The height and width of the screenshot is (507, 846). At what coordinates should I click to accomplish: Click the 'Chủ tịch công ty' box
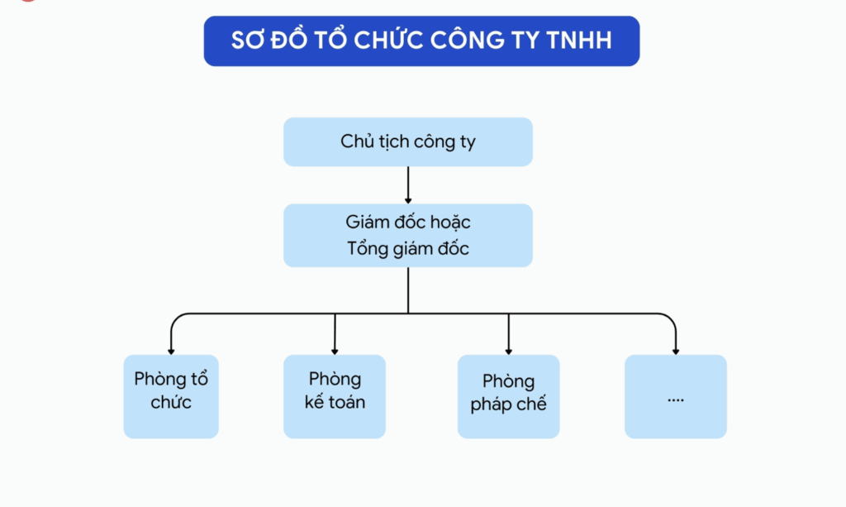click(408, 142)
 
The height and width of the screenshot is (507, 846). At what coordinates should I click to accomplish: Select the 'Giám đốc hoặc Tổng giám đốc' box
click(408, 236)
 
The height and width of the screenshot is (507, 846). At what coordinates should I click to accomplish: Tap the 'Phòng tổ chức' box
click(171, 397)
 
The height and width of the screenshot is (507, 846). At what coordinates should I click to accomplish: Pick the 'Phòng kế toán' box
click(335, 397)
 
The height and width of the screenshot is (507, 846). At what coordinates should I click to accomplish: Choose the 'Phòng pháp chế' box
click(508, 397)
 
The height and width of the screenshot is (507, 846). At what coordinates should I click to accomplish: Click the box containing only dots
click(676, 397)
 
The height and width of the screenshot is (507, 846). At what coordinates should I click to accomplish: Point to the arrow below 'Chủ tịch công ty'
click(408, 185)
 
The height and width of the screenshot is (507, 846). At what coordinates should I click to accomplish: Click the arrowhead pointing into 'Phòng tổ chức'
click(171, 350)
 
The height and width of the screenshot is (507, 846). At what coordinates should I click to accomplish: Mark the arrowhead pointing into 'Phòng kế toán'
click(335, 350)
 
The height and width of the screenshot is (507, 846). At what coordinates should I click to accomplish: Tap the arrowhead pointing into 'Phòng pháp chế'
click(508, 350)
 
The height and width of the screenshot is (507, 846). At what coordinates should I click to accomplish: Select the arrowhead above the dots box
click(676, 350)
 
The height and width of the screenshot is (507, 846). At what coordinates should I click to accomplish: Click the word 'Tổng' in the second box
click(368, 248)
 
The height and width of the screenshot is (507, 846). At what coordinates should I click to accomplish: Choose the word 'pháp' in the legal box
click(492, 405)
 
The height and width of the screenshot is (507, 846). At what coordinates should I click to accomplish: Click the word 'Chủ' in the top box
click(356, 141)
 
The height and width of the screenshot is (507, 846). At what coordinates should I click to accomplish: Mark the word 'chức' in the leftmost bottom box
click(171, 403)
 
